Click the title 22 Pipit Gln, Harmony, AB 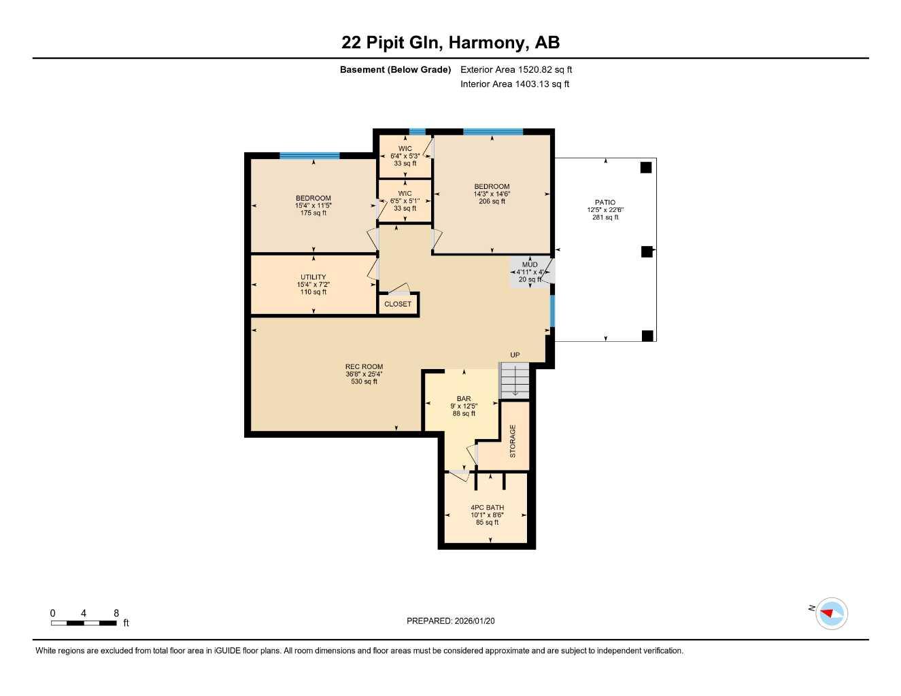pos(450,42)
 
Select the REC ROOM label pos(364,367)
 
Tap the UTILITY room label pos(313,277)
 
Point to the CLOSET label pos(398,304)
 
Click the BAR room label pos(464,399)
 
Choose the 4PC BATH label pos(487,508)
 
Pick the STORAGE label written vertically pos(513,440)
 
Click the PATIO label pos(605,203)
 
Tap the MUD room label pos(530,264)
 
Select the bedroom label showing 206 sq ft pos(492,187)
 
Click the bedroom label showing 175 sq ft pos(313,198)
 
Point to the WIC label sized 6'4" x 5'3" pos(405,149)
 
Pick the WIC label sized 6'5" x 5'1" pos(405,194)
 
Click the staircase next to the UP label pos(515,381)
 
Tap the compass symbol pos(830,613)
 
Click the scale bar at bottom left pos(84,623)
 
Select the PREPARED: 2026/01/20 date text pos(450,621)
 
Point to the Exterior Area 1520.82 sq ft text pos(516,69)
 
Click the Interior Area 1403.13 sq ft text pos(515,84)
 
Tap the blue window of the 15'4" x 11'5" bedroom pos(309,156)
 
